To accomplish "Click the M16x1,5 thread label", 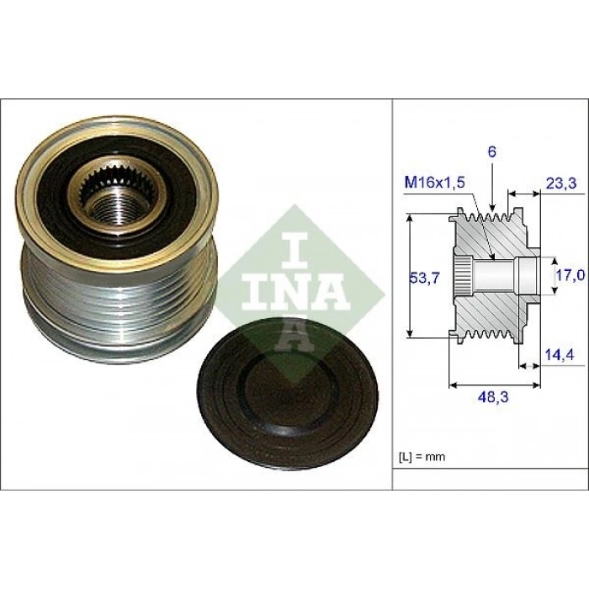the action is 435,183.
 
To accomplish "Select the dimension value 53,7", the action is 424,279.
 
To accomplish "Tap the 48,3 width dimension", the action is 493,397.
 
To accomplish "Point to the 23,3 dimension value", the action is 561,183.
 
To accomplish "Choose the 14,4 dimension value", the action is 560,354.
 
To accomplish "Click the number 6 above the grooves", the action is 492,151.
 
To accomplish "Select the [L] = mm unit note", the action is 422,457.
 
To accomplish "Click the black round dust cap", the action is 288,393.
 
